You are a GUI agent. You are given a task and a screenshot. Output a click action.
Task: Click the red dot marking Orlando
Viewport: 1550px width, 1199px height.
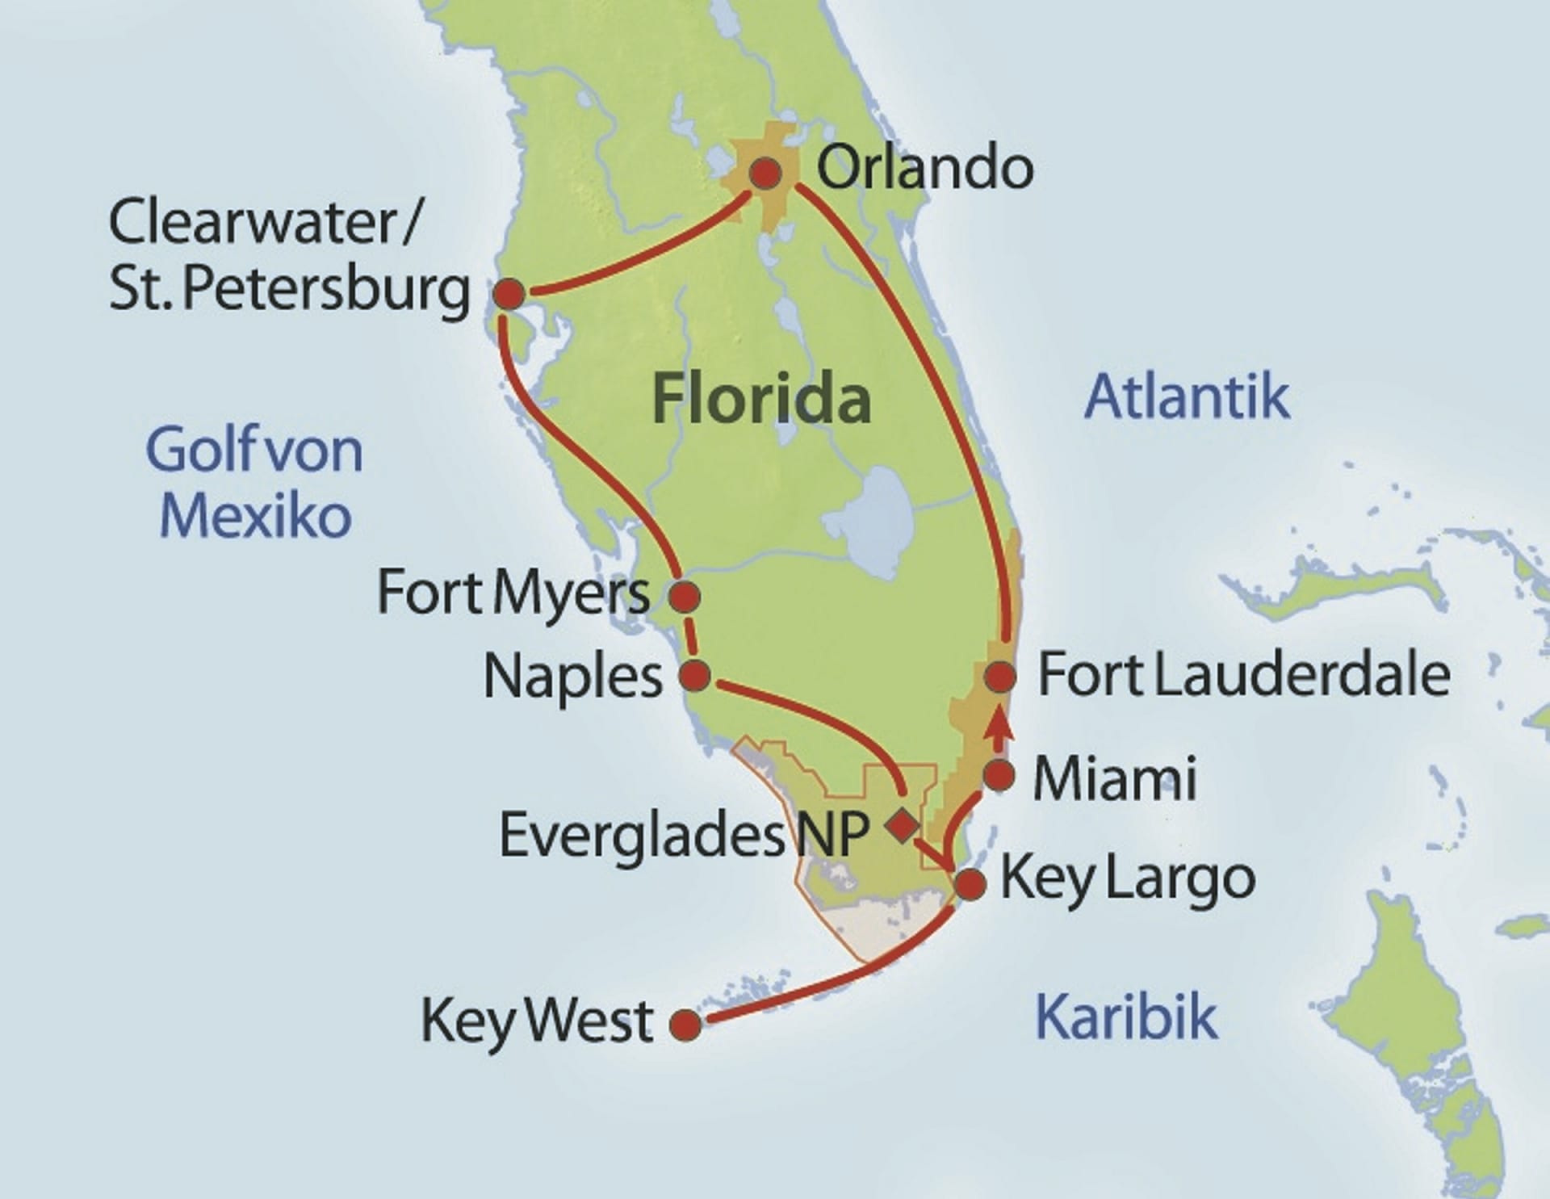[765, 173]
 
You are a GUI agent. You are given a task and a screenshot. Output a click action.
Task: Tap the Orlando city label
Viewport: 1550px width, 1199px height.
[925, 168]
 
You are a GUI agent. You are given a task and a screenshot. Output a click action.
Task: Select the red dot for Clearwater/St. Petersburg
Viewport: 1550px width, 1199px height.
[509, 294]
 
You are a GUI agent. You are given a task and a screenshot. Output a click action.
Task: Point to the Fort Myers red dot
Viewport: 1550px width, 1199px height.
[685, 597]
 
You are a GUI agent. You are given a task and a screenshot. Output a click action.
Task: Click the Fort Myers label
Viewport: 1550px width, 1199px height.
[513, 593]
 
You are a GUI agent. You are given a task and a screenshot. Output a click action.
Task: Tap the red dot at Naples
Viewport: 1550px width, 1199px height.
[695, 674]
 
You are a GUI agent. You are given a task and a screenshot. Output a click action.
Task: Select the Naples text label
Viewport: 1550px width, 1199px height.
[572, 677]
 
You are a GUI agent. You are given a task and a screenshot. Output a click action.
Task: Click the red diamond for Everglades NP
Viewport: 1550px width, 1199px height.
[901, 825]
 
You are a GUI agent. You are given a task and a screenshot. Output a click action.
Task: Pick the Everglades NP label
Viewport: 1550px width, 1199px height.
[684, 834]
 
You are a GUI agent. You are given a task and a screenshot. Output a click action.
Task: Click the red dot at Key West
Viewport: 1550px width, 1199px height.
[685, 1025]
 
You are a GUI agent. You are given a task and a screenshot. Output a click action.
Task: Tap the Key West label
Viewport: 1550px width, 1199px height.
[537, 1021]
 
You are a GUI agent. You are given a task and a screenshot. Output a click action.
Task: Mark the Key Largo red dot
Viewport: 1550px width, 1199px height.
[970, 883]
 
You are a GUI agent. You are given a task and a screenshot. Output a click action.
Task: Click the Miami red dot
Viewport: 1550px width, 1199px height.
[999, 775]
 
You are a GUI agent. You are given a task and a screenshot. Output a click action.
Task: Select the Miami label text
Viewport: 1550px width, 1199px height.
[1115, 778]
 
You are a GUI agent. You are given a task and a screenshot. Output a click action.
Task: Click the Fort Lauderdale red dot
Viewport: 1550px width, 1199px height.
[1000, 677]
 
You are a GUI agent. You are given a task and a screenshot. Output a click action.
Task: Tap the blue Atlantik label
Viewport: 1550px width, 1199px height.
[1187, 396]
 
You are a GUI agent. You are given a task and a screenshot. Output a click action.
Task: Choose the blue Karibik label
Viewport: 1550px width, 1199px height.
[1125, 1017]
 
